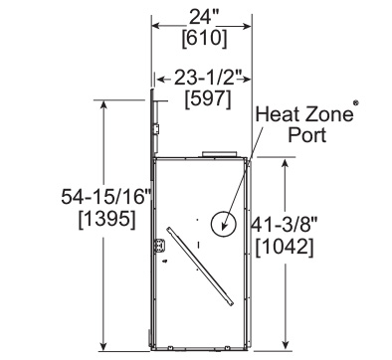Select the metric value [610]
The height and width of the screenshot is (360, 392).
coord(205,38)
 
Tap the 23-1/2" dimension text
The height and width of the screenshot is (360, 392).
coord(207,79)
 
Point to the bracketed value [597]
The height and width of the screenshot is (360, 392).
coord(208,99)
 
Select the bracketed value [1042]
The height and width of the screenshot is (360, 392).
coord(285,248)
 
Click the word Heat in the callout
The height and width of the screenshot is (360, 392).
coord(278,114)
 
